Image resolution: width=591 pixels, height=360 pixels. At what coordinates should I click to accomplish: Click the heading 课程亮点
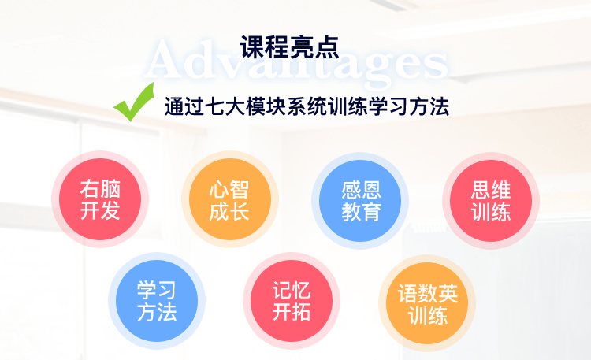coord(289,47)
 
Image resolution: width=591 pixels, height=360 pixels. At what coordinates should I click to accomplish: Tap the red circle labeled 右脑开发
coord(100,199)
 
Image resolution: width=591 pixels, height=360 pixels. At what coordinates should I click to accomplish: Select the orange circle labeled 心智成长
coord(230,199)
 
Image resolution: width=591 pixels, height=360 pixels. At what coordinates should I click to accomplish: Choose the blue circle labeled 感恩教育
coord(360,201)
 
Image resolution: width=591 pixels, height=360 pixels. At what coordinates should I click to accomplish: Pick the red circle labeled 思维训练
coord(491,201)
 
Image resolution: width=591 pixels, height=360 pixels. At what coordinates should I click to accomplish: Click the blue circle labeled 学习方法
coord(157,301)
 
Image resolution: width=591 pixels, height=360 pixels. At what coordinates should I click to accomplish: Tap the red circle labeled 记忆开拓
coord(292,301)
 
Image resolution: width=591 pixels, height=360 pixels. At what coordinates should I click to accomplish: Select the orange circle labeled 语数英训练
coord(427,303)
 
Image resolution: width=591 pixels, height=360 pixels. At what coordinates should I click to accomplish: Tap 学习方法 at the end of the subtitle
coord(409,106)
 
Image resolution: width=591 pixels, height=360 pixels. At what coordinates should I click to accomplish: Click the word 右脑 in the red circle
coord(100,188)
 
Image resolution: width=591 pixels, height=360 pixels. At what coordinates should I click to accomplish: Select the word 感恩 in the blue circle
coord(361,190)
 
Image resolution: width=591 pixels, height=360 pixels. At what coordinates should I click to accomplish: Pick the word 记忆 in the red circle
coord(292,290)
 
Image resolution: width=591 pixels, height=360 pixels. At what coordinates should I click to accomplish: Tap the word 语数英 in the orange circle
coord(428,293)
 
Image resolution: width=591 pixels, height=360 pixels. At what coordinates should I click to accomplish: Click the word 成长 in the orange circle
coord(229,211)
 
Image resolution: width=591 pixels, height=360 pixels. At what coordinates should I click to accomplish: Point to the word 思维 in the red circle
coord(491,190)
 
